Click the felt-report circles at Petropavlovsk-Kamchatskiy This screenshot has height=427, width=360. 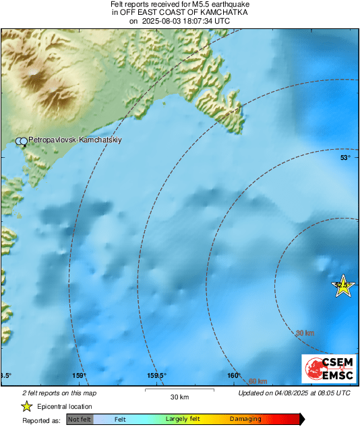coord(22,141)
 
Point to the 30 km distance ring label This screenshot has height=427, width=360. coord(305,333)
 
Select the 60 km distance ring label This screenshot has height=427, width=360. coord(258,382)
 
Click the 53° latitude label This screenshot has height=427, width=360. coord(345,158)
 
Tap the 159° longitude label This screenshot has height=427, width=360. coord(80,376)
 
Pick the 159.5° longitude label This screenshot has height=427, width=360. coord(156,376)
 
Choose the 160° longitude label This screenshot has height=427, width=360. coord(234,376)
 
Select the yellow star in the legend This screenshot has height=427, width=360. coord(26,406)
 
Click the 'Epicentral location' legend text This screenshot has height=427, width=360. coord(65,406)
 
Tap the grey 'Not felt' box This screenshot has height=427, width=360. coord(79,420)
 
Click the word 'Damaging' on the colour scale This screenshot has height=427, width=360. coord(245,420)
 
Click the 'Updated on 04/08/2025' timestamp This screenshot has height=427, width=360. coord(294,393)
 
